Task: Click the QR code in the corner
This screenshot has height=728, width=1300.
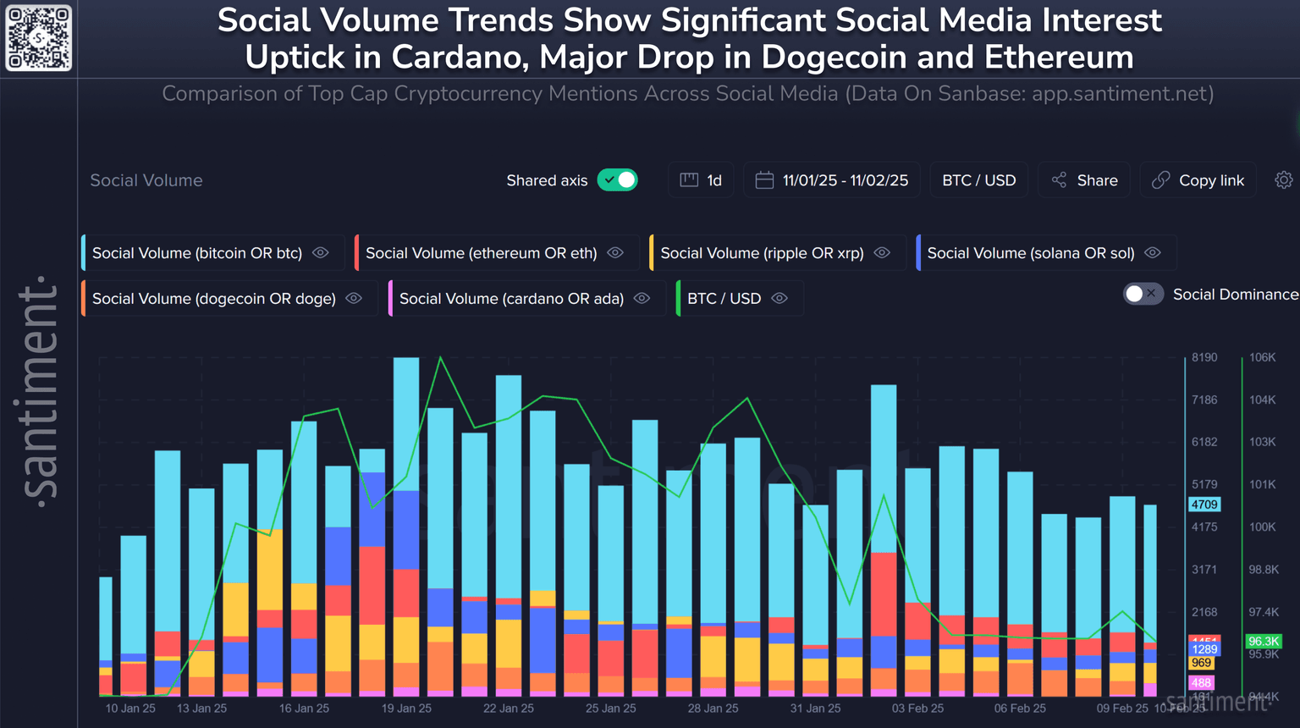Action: [x=39, y=38]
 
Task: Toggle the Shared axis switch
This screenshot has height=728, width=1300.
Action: [x=618, y=180]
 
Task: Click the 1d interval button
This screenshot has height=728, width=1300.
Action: [x=702, y=180]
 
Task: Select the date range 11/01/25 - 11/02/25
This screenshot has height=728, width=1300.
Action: [x=832, y=180]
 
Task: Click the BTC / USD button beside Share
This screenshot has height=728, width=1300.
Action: [x=978, y=180]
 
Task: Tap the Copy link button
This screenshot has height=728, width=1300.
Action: [x=1198, y=180]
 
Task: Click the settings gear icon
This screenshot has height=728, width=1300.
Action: [x=1284, y=180]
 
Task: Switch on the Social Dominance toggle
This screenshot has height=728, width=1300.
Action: [x=1143, y=294]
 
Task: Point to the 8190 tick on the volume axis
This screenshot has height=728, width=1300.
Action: [x=1204, y=357]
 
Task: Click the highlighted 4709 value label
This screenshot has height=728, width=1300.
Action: [x=1204, y=505]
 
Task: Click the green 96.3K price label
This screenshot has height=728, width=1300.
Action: [x=1264, y=642]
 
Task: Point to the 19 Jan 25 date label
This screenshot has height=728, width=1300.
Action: [x=406, y=709]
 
